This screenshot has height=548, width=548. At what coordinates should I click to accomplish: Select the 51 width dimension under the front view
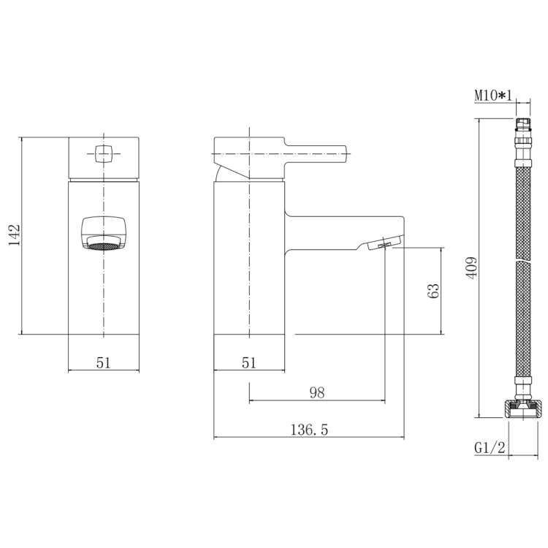point(104,362)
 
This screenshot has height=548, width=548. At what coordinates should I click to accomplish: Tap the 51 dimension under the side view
point(249,362)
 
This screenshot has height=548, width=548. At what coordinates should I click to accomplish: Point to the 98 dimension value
point(316,393)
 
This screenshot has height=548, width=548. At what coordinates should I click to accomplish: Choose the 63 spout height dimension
point(434,291)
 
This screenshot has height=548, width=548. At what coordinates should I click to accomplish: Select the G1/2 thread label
point(490,447)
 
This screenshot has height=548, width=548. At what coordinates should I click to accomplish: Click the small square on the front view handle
point(104,153)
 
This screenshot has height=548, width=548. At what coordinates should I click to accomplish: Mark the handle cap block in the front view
point(104,157)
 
